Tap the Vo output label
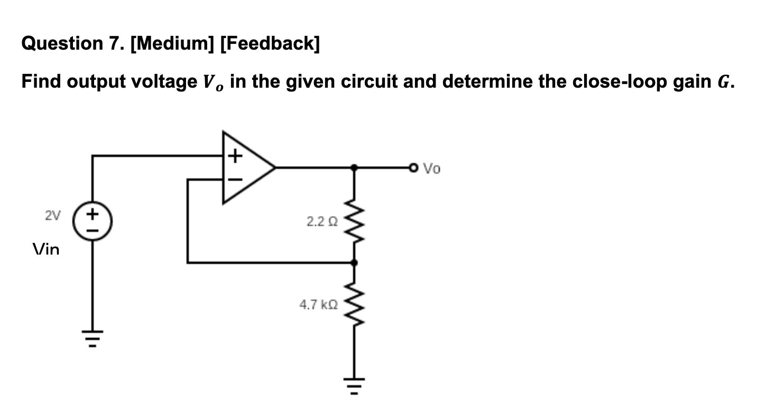coord(432,169)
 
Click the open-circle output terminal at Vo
coord(413,168)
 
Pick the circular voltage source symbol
coord(94,223)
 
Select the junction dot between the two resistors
coord(354,262)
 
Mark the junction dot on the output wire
coord(354,168)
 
